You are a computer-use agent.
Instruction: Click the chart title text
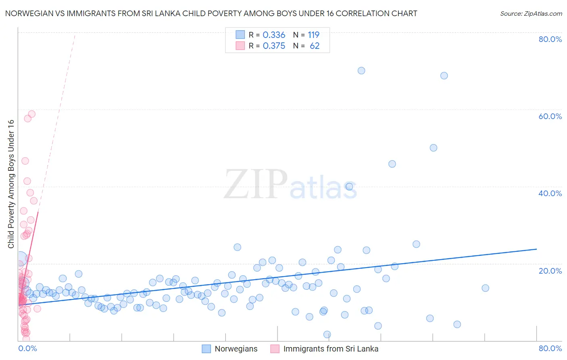[x=211, y=13]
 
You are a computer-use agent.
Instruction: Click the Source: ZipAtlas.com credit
[x=531, y=13]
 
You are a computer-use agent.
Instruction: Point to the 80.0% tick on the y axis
[x=550, y=39]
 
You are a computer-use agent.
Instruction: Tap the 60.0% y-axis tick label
[x=550, y=116]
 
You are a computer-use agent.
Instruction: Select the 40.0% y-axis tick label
[x=550, y=193]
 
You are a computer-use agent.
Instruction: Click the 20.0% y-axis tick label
[x=550, y=271]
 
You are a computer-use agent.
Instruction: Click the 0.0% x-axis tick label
[x=27, y=348]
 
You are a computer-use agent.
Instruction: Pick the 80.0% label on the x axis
[x=550, y=348]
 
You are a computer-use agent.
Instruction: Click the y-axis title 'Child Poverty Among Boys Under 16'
[x=11, y=184]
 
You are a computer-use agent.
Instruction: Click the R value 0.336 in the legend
[x=274, y=35]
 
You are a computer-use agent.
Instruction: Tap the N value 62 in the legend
[x=315, y=46]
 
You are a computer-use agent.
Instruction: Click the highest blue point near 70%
[x=361, y=71]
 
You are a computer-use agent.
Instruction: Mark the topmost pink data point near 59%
[x=31, y=114]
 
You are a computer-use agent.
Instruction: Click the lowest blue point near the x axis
[x=327, y=335]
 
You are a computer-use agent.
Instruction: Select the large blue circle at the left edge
[x=21, y=258]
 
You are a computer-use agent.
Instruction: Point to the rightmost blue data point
[x=485, y=288]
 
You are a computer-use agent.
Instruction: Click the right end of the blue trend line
[x=536, y=249]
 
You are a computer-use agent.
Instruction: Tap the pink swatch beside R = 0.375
[x=240, y=46]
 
